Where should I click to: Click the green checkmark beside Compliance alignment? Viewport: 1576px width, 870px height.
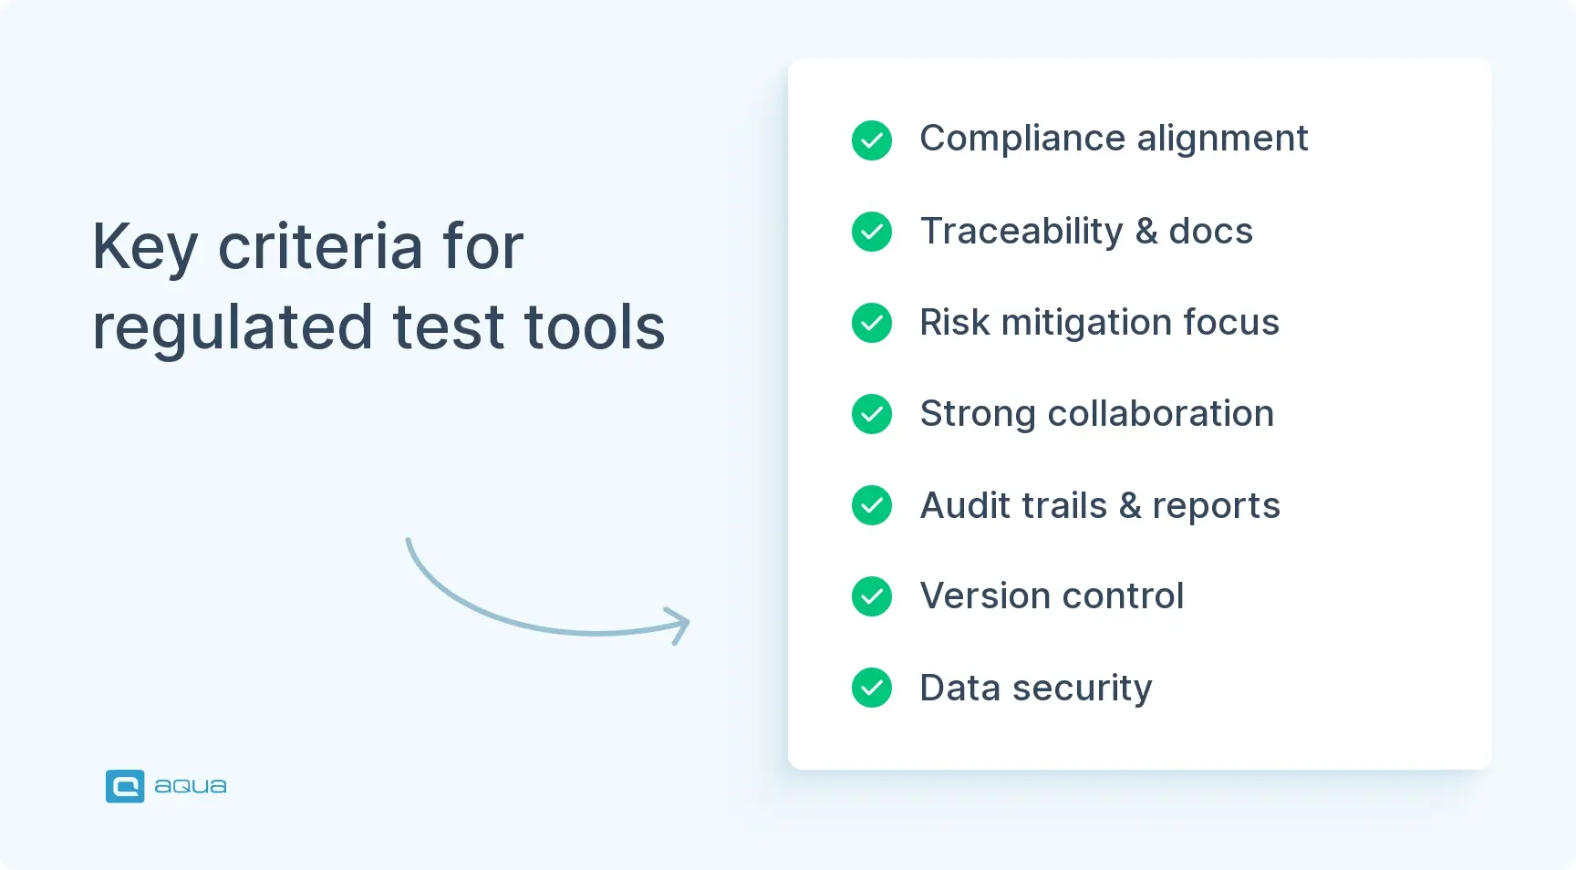click(872, 140)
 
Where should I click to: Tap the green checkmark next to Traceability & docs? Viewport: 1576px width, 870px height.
click(872, 232)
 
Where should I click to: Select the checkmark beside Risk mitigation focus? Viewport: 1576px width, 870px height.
click(872, 323)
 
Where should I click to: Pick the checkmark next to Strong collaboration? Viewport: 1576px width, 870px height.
click(872, 414)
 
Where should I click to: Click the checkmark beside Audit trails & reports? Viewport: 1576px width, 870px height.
click(872, 505)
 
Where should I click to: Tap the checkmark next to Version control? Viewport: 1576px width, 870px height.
click(872, 596)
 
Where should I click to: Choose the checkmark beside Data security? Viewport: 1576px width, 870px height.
click(872, 688)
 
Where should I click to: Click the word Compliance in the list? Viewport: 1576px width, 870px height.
click(1022, 140)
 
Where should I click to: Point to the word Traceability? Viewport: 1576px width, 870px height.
click(1021, 232)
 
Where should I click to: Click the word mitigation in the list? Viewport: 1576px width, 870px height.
click(1086, 323)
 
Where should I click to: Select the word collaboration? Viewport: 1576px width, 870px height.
click(1160, 414)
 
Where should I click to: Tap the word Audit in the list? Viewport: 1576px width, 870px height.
click(967, 505)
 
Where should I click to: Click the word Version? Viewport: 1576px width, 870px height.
click(985, 596)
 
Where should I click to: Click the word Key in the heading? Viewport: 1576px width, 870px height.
click(145, 247)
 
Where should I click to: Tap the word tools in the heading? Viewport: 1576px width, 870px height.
click(595, 326)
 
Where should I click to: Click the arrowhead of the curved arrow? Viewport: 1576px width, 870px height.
click(679, 625)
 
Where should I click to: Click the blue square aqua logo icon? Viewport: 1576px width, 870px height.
click(125, 786)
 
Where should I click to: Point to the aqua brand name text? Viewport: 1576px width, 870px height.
click(191, 786)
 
